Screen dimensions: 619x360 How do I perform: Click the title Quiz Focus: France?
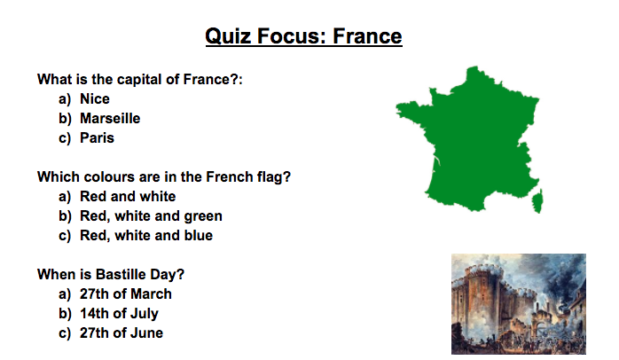tap(303, 36)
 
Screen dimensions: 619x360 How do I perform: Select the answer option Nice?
tap(95, 98)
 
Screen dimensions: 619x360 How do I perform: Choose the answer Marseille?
tap(110, 119)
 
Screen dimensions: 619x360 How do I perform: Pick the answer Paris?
tap(98, 137)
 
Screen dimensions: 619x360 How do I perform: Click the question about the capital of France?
tap(140, 79)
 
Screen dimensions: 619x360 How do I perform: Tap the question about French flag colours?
tap(164, 176)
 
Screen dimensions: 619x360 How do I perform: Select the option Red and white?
tap(128, 196)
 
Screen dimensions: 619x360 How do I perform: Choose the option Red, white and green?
tap(151, 216)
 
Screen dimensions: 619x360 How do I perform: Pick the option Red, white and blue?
tap(146, 235)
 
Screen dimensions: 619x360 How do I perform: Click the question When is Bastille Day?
tap(111, 274)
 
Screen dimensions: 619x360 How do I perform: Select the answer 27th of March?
tap(126, 294)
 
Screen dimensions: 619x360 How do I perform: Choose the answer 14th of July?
tap(119, 313)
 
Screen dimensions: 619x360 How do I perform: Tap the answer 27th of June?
tap(121, 333)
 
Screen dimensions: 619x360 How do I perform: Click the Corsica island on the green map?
tap(537, 200)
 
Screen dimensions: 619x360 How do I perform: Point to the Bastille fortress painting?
tap(519, 304)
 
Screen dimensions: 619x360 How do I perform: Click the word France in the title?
tap(367, 36)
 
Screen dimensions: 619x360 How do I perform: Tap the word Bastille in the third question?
tap(121, 274)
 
